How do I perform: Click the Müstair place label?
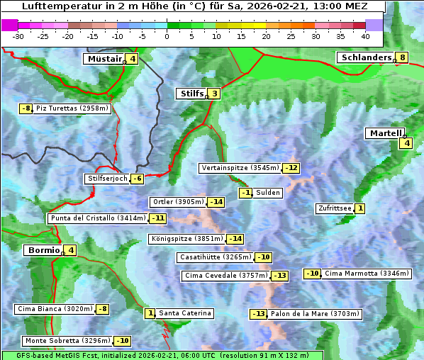[x=104, y=59]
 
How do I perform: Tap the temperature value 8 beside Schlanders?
[x=402, y=57]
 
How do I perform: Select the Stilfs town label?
[x=191, y=93]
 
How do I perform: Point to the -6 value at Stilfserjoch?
[x=138, y=179]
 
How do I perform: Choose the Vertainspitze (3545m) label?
[x=240, y=168]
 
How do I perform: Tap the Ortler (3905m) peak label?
[x=178, y=202]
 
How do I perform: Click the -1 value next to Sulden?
[x=246, y=193]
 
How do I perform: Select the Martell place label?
[x=384, y=133]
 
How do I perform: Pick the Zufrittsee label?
[x=334, y=208]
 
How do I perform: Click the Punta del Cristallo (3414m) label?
[x=98, y=218]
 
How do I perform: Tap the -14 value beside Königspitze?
[x=235, y=239]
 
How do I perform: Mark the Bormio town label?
[x=43, y=250]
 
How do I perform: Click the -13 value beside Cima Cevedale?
[x=280, y=276]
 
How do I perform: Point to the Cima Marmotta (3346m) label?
[x=367, y=274]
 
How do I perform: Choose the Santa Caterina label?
[x=184, y=313]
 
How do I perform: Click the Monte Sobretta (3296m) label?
[x=68, y=341]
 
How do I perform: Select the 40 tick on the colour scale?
[x=366, y=36]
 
